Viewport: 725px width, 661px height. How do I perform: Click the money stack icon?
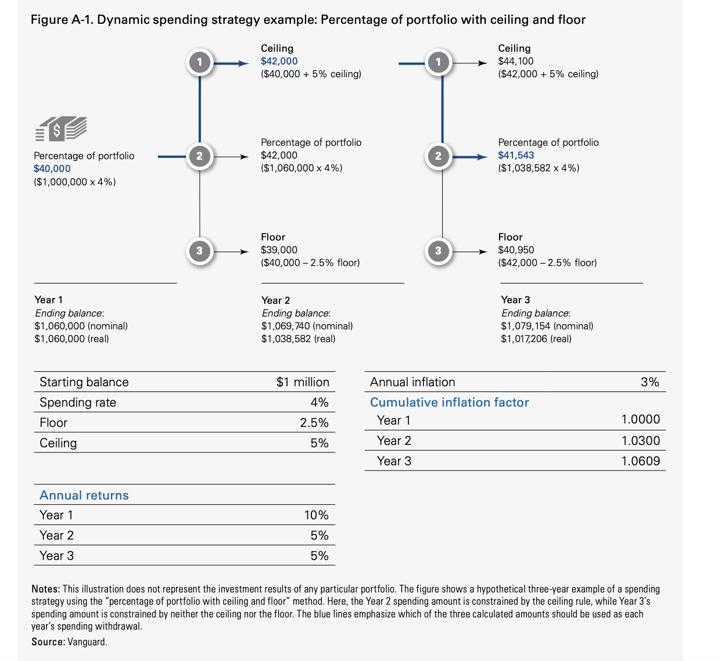pos(61,128)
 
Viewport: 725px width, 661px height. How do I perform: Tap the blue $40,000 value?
pos(52,168)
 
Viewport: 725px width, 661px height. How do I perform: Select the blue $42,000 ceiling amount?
pos(279,61)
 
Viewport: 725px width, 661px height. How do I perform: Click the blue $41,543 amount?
pos(516,155)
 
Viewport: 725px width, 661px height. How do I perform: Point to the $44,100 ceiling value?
pos(516,61)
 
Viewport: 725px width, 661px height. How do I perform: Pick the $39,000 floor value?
pos(279,250)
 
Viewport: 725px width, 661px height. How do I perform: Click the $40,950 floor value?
pos(516,250)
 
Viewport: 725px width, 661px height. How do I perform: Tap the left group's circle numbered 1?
pos(200,62)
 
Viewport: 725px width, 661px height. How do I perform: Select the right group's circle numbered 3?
pos(438,251)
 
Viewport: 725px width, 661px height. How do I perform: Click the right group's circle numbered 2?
pos(438,156)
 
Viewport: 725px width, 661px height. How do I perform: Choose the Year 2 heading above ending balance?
pos(275,300)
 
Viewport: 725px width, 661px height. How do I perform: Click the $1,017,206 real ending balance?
pos(536,339)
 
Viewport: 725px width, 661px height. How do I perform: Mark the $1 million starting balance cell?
pos(303,382)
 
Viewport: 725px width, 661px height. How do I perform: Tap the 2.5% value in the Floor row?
pos(314,423)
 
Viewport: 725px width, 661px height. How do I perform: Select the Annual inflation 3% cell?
pos(649,382)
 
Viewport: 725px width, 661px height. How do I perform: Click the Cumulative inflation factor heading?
pos(449,403)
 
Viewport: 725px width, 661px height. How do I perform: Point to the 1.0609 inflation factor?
pos(640,461)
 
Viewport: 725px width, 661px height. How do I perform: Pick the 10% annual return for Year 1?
pos(316,515)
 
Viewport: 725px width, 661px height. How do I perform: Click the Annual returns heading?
pos(84,495)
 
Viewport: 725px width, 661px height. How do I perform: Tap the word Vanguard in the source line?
pos(87,642)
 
